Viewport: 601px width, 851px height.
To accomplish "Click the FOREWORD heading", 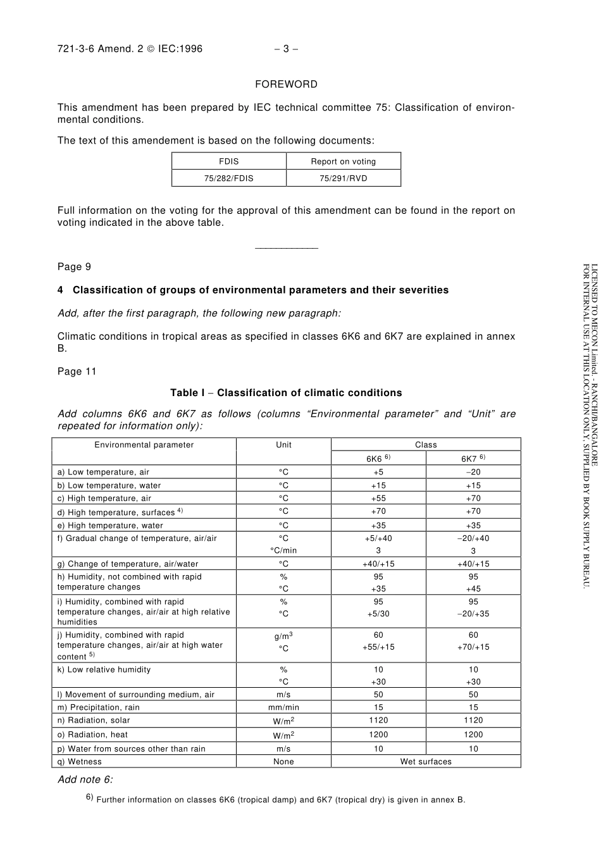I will pyautogui.click(x=286, y=84).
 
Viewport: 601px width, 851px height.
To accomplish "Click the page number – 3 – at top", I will pyautogui.click(x=286, y=49).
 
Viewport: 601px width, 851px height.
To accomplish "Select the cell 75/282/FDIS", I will pyautogui.click(x=228, y=178).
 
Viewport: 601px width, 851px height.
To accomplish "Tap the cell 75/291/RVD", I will pyautogui.click(x=343, y=178).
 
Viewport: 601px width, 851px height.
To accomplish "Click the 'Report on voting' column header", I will pyautogui.click(x=343, y=161).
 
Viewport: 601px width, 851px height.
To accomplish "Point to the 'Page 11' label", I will pyautogui.click(x=77, y=371).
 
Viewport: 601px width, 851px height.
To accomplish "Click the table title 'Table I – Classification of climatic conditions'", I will pyautogui.click(x=286, y=393).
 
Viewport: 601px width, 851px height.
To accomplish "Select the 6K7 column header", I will pyautogui.click(x=473, y=459).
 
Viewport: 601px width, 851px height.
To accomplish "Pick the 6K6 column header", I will pyautogui.click(x=378, y=459).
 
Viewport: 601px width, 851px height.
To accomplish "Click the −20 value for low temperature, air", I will pyautogui.click(x=473, y=472).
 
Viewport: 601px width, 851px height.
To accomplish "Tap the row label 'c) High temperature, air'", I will pyautogui.click(x=104, y=499).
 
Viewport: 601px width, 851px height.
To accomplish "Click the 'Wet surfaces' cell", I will pyautogui.click(x=426, y=762).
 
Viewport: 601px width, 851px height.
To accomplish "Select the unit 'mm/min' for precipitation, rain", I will pyautogui.click(x=283, y=707).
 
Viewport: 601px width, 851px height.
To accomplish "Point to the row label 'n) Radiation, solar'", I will pyautogui.click(x=94, y=720).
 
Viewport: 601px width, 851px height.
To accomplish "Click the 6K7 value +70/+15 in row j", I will pyautogui.click(x=473, y=647).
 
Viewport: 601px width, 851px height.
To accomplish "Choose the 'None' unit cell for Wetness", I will pyautogui.click(x=283, y=762).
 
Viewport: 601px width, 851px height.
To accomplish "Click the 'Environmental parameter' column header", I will pyautogui.click(x=144, y=445).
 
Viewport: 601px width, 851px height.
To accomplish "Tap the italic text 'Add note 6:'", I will pyautogui.click(x=85, y=780).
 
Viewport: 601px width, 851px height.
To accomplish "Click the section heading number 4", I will pyautogui.click(x=60, y=290).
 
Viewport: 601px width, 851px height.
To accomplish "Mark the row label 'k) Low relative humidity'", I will pyautogui.click(x=104, y=669).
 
